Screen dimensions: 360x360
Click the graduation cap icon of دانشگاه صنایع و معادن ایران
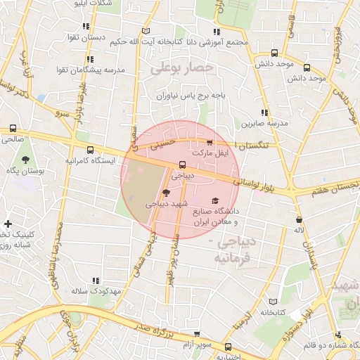214,200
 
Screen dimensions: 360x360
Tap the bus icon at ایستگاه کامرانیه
90,150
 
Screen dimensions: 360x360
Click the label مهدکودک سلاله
96,290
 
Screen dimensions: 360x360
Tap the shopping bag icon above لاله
299,219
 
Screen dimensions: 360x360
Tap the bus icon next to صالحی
13,129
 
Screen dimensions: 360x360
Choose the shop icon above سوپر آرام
197,335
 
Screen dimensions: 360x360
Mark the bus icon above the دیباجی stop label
182,165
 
